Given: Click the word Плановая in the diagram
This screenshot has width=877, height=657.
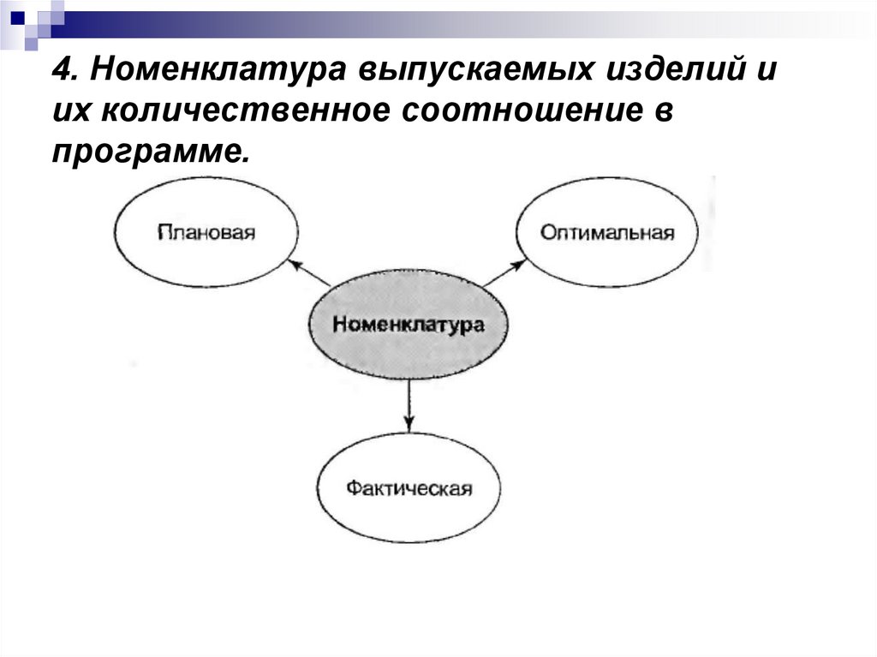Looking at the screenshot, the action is (206, 232).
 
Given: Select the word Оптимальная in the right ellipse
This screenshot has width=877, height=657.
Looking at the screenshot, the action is (607, 232).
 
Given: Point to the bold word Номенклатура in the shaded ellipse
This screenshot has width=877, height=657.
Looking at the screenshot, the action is (408, 325).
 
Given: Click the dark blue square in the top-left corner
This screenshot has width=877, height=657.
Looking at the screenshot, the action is (17, 15).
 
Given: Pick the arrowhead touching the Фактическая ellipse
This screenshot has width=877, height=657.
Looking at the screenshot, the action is (409, 422).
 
